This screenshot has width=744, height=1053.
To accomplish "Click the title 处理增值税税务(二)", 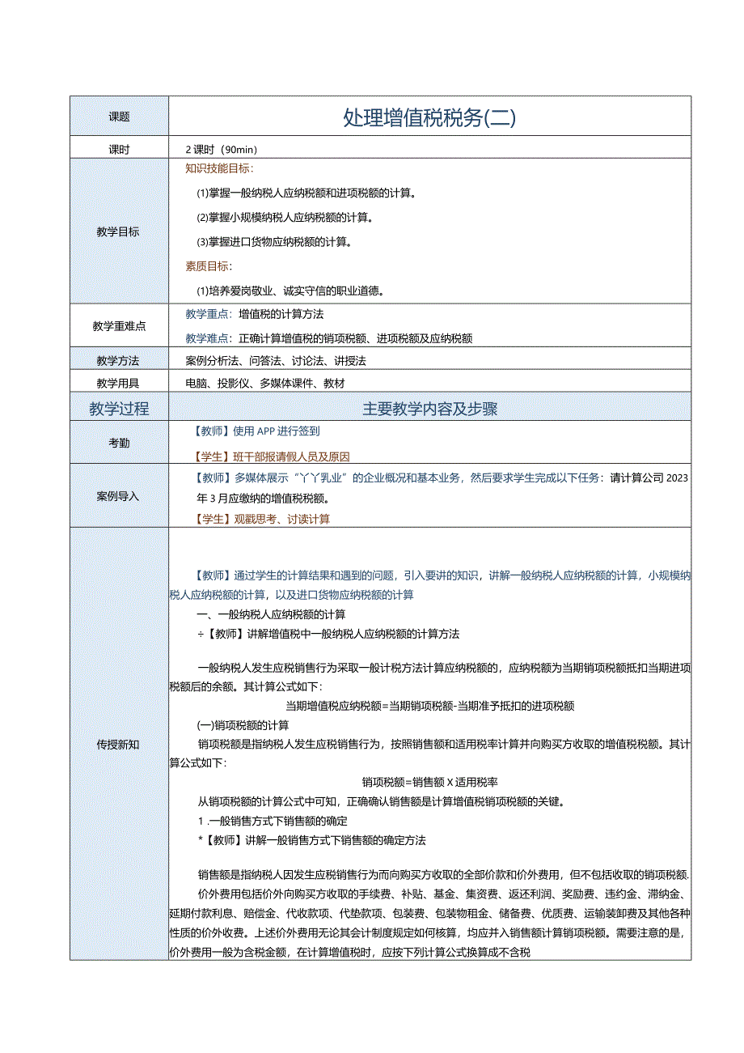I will [429, 117].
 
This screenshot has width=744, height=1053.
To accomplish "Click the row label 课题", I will [119, 117].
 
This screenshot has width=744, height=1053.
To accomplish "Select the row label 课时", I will [119, 150].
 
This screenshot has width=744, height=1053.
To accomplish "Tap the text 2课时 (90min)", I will [222, 150].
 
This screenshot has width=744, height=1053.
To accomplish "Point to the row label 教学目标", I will [118, 231].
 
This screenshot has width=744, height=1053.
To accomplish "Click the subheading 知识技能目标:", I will [219, 168].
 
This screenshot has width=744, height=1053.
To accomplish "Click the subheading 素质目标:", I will [209, 266].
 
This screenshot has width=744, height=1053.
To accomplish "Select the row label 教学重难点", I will [119, 326].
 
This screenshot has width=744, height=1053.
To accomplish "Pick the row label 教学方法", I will [118, 360].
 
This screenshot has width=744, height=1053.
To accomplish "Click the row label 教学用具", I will [118, 384].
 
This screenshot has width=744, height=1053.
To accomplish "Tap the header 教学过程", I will [119, 409].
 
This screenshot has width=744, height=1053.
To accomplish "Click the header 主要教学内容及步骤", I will [429, 409].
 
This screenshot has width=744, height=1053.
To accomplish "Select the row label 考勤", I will [119, 444].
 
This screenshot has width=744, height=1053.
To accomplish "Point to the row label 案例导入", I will [118, 496].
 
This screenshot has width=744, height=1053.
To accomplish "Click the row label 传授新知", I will [118, 744].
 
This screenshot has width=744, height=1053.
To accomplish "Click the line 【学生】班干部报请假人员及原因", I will [271, 456].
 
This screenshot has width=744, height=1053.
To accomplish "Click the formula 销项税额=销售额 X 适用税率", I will [429, 782].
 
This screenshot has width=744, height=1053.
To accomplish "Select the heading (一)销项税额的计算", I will [243, 724].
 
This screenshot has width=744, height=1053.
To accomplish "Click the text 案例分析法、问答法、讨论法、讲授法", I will [276, 360].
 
